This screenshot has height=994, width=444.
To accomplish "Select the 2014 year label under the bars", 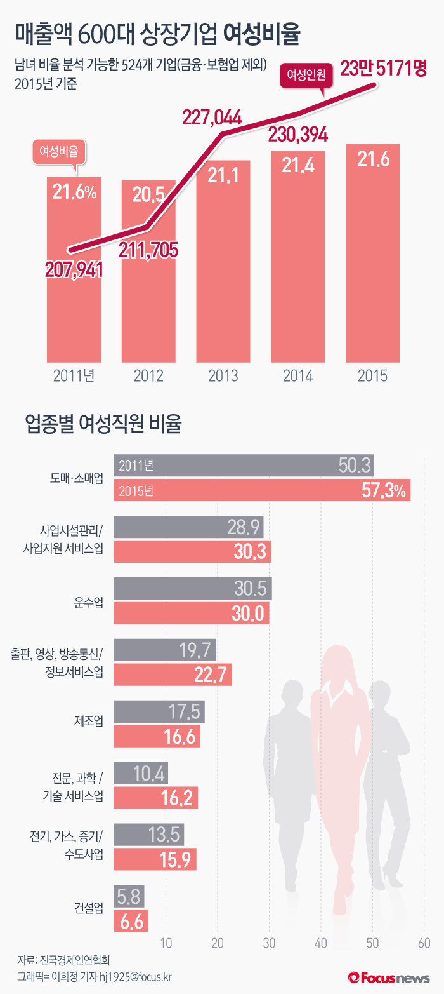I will [297, 375].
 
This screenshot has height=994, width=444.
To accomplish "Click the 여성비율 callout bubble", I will [60, 151].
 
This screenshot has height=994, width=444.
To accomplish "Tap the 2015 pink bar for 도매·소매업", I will [262, 490].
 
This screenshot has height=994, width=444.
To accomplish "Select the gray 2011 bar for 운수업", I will [193, 589].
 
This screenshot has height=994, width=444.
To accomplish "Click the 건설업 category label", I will [88, 908].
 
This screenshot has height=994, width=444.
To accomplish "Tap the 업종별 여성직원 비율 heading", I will [103, 424].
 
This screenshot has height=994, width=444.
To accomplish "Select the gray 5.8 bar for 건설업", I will [129, 896].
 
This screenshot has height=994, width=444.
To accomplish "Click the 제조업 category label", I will [88, 723].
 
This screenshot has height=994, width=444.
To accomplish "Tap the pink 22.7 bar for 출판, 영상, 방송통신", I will [173, 674].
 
